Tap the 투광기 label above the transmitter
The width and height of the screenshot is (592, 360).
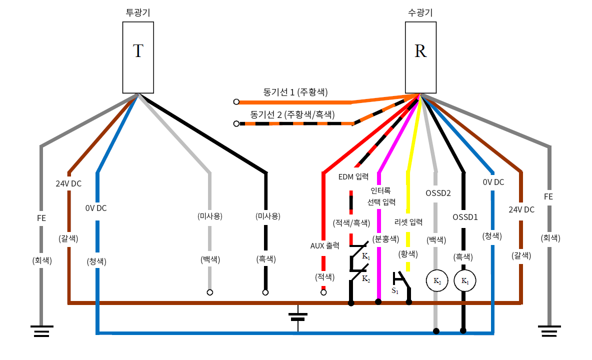pos(138,12)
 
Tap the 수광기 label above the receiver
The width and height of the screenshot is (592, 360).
pos(420,12)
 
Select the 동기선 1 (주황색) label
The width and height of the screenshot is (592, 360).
pos(295,92)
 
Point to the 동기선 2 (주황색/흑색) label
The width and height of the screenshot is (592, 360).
pos(292,114)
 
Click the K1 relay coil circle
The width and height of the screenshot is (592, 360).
pos(464,281)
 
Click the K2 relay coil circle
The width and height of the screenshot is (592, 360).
pos(436,281)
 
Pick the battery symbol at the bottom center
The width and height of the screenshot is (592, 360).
pos(298,316)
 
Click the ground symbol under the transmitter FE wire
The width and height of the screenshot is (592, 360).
pos(41,330)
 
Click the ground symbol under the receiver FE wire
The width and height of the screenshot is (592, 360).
pos(549,330)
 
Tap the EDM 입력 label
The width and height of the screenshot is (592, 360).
pos(353,176)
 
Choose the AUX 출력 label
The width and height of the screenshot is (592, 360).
pos(325,245)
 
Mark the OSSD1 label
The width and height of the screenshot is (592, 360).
pos(465,217)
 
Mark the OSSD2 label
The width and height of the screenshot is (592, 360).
pos(438,192)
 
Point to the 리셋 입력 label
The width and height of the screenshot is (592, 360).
pos(408,222)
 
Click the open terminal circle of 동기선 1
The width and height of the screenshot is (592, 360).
pos(236,102)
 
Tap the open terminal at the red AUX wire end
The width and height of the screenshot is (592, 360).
pos(323,292)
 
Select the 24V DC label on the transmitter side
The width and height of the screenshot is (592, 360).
pos(68,183)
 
